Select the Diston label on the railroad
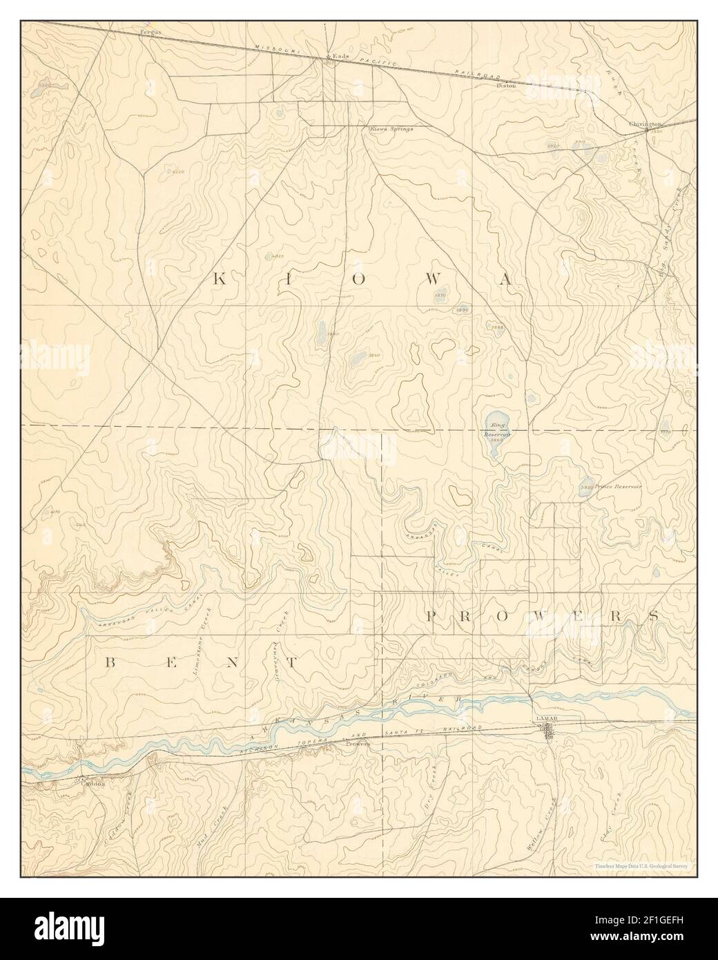506,86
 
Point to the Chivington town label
645,124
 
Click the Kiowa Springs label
391,128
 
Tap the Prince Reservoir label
618,486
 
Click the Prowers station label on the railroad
358,745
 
